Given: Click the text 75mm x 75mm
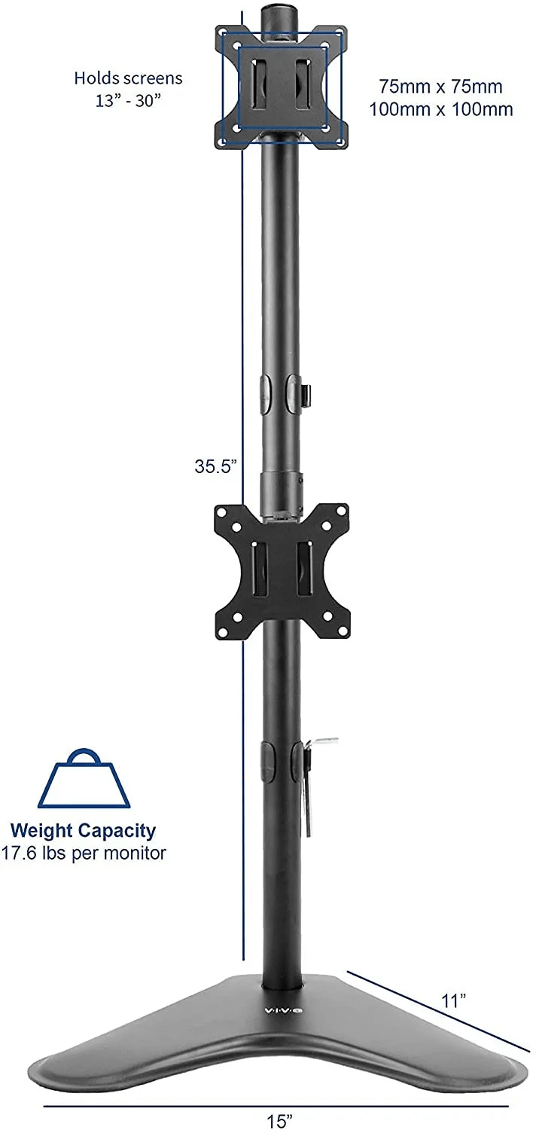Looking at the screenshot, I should (440, 87).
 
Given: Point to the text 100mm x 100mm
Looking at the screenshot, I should (440, 109).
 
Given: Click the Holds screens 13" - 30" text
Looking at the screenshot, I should (128, 89).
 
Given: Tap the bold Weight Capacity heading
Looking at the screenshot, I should (83, 830).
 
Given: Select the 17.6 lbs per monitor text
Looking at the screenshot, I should (83, 853).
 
